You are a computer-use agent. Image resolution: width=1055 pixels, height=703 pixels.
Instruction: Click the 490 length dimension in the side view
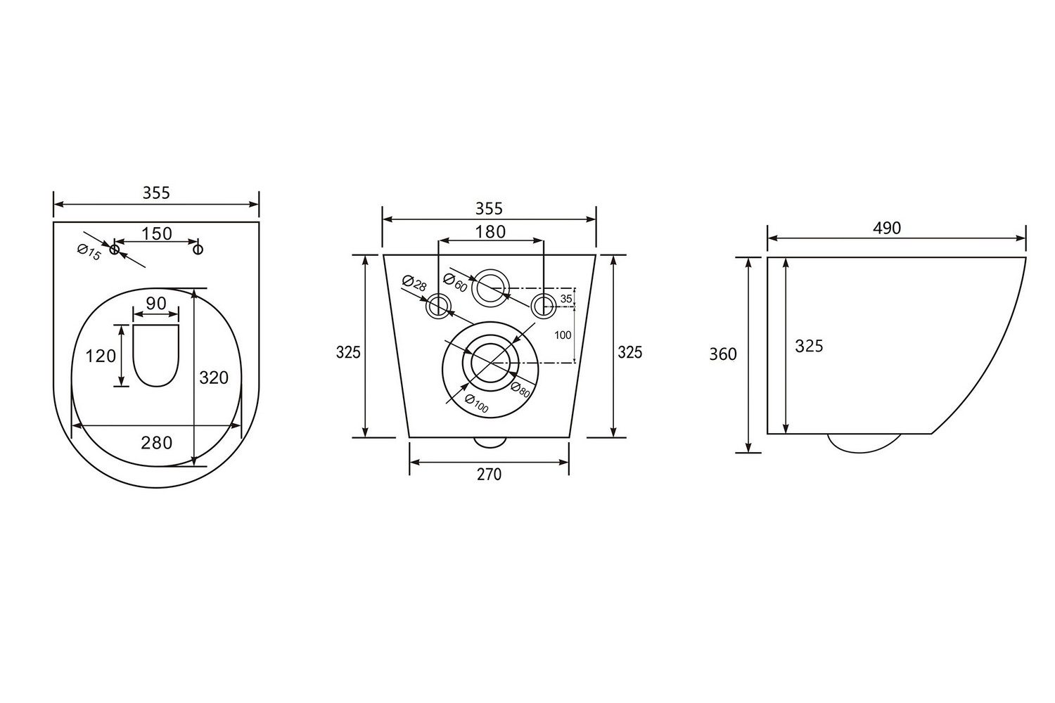(886, 228)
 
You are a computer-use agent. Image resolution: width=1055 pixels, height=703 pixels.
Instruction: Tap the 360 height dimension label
(723, 354)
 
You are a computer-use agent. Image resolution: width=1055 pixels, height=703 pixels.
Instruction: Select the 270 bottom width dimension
(489, 475)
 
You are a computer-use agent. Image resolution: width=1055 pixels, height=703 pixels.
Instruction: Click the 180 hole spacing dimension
(490, 231)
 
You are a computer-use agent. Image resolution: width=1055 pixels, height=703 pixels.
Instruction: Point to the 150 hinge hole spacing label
(156, 233)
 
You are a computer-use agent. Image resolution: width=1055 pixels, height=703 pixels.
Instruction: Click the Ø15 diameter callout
(89, 252)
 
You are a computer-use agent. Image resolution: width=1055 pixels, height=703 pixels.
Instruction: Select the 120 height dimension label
(101, 356)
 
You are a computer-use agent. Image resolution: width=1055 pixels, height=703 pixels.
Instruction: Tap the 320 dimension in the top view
(214, 378)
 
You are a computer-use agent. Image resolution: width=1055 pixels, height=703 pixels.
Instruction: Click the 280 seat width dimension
(156, 443)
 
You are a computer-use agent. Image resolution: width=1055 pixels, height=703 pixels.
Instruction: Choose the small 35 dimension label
(565, 299)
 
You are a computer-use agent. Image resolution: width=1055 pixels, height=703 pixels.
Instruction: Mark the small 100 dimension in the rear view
(563, 335)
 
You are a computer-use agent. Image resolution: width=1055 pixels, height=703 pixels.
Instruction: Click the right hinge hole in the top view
(198, 249)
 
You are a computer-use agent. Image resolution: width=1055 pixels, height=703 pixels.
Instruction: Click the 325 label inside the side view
(809, 346)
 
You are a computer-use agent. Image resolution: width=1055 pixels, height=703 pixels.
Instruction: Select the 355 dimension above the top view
(156, 193)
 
